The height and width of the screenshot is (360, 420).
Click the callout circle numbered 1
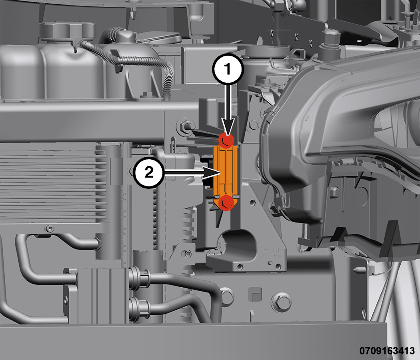228,69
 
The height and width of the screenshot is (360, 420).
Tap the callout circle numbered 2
149,172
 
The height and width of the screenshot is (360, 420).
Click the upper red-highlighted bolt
226,140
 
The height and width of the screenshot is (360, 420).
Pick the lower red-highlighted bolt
226,203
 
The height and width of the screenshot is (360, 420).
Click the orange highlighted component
226,172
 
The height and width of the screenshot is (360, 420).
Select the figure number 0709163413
387,350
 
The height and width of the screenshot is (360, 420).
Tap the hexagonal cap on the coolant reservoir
67,30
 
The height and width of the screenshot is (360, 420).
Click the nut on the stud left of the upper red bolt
185,125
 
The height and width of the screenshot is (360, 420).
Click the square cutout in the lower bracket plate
255,294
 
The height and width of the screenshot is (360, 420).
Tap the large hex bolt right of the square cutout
281,302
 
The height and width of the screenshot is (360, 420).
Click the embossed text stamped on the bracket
272,252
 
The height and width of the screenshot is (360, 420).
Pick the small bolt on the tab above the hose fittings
186,254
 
